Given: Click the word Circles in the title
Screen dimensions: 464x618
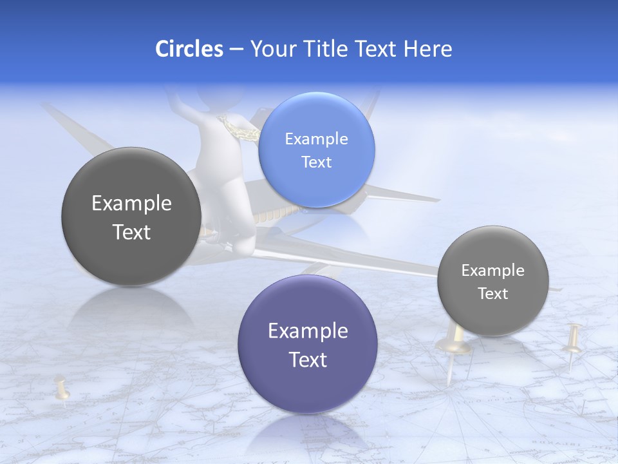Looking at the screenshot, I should tap(189, 49).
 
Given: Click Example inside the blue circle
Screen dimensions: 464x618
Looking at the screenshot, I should tap(316, 139).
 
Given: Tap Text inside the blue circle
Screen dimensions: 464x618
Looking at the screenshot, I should tap(316, 162).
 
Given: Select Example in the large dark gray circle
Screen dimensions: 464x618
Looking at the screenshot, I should tap(131, 204).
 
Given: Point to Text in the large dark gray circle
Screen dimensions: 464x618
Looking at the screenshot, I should tap(131, 232).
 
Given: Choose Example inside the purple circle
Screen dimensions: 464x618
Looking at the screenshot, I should tap(308, 331).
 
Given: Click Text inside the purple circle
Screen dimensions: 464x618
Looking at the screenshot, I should tap(308, 360).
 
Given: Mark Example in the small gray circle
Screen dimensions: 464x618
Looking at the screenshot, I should tap(492, 271).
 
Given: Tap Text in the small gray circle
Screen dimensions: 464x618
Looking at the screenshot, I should tap(492, 294).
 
